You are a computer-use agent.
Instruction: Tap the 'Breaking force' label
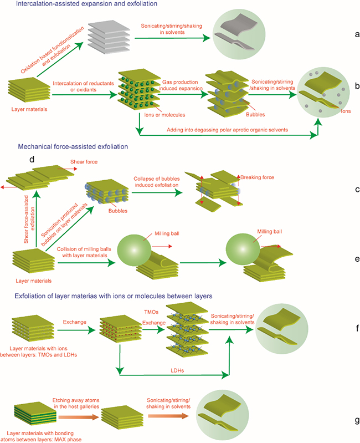258,177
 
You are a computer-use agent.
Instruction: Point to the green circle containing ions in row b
326,95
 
